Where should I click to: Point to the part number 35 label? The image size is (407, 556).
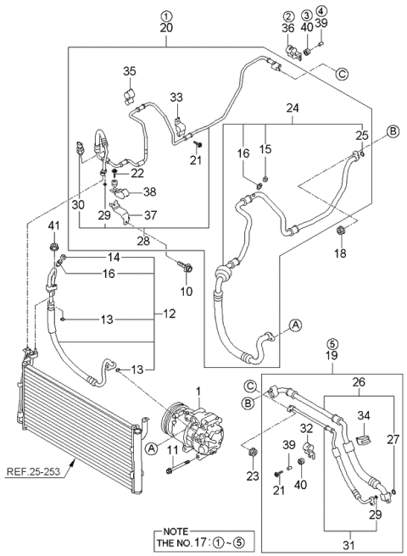(129, 70)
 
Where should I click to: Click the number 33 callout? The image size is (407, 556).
(176, 98)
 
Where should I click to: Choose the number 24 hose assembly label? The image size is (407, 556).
(293, 108)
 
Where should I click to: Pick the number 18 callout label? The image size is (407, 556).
(342, 253)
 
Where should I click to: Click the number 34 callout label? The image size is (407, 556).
(364, 414)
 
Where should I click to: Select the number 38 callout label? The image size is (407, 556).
(150, 191)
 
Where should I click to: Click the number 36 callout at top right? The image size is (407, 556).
(288, 28)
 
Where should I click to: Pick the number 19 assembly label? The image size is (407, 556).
(331, 357)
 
